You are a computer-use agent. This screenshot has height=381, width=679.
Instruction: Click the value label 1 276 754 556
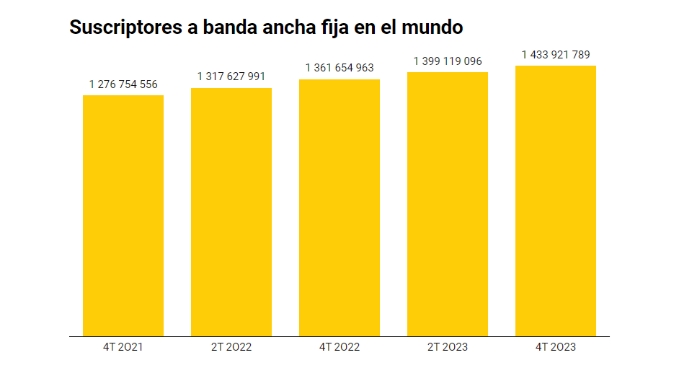[123, 84]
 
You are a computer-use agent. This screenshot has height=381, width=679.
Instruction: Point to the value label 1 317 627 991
[231, 76]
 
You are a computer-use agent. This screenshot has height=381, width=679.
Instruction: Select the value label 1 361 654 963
[339, 68]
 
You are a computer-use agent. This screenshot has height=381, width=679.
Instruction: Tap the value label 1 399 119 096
[448, 61]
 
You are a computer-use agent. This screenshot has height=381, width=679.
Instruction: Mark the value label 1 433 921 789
[556, 55]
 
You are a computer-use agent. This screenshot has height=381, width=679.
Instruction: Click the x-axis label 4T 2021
[123, 347]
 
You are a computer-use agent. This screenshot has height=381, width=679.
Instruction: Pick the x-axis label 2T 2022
[231, 347]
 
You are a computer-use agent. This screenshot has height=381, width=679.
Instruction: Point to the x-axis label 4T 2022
[339, 347]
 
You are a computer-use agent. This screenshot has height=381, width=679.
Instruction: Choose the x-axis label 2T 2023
[448, 347]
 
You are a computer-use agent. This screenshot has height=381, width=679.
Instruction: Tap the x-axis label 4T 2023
[556, 347]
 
